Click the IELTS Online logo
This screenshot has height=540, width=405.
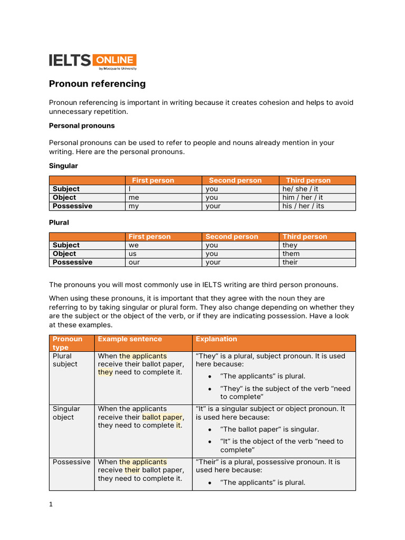93,61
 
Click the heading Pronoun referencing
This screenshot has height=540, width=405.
97,84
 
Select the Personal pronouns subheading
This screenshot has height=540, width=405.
82,126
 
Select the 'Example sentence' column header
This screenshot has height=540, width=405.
130,339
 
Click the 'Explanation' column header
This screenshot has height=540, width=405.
216,339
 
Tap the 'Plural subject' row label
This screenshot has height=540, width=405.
65,360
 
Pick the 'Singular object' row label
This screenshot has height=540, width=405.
66,413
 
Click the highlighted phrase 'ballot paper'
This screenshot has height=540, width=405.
162,417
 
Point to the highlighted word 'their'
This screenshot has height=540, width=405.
132,470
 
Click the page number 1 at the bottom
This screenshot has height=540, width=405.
51,504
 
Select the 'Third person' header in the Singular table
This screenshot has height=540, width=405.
308,180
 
